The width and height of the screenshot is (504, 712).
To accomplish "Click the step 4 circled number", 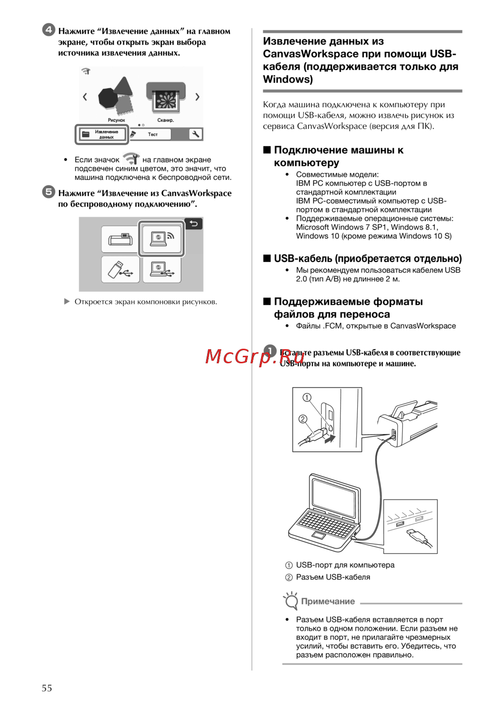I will (48, 30).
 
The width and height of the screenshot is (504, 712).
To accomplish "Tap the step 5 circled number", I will (48, 191).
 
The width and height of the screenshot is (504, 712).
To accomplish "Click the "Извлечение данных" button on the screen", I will (102, 135).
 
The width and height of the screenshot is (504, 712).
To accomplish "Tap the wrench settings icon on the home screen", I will (195, 134).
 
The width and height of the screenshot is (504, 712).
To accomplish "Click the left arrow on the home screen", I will (85, 97).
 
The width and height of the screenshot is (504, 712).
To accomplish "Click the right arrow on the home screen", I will (197, 97).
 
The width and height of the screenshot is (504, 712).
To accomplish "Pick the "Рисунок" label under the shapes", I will (116, 120).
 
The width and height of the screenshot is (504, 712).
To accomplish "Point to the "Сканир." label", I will (165, 120).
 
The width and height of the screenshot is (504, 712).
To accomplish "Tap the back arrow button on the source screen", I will (194, 224).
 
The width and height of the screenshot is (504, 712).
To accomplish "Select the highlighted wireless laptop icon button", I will (161, 238).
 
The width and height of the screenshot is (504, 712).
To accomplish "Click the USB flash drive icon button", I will (120, 270).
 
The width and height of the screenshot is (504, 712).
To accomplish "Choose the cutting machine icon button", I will (120, 239).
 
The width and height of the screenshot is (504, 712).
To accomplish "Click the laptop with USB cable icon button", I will (161, 270).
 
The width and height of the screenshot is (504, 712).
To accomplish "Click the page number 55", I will (47, 688).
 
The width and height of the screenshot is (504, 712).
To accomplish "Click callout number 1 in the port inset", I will (307, 398).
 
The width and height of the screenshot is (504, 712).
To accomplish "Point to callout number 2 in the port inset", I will (303, 419).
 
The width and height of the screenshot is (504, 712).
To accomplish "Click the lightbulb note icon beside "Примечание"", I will (291, 601).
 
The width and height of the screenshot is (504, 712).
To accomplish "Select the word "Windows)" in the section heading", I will (288, 79).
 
